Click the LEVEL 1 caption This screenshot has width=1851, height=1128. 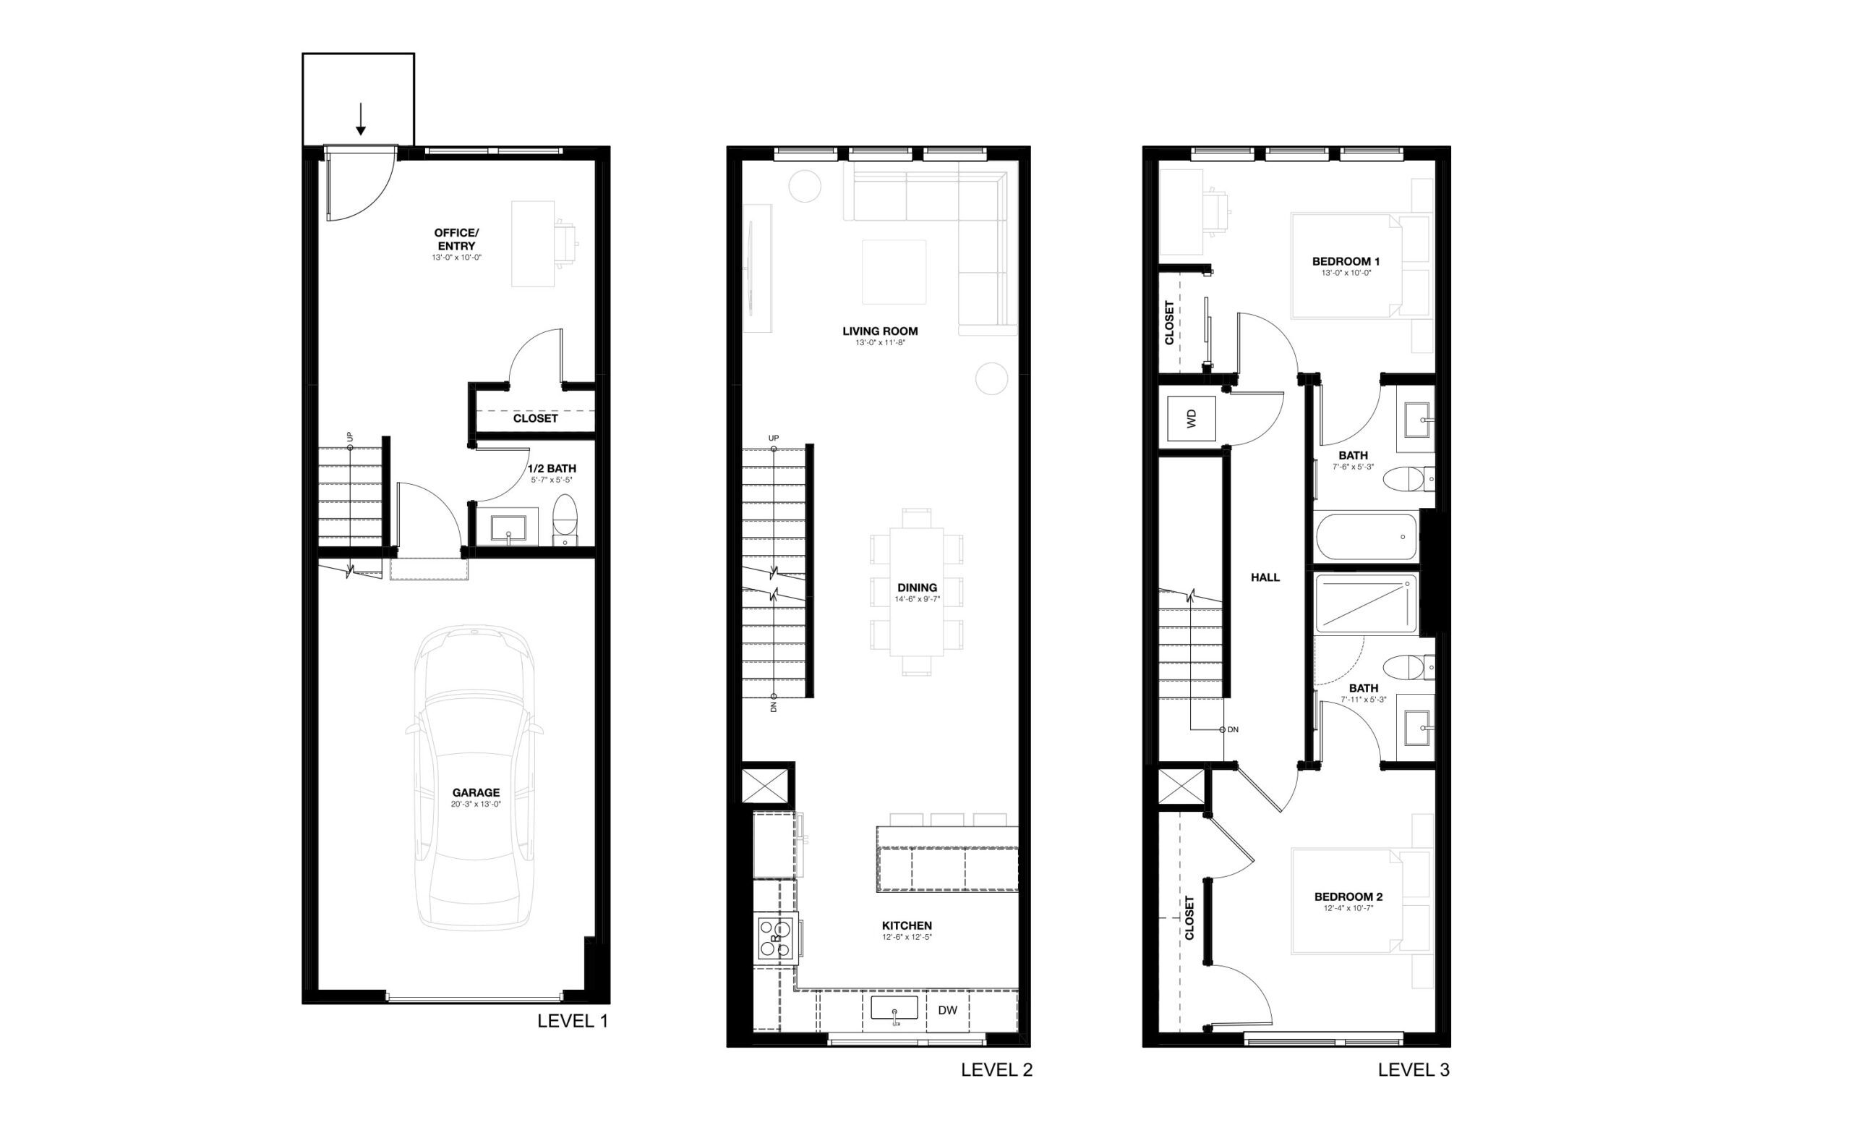(x=573, y=1022)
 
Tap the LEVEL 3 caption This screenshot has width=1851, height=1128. (x=1414, y=1070)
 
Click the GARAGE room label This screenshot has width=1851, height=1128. (x=476, y=792)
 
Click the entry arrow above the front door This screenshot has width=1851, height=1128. (x=361, y=119)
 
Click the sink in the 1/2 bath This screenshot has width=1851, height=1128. (x=509, y=528)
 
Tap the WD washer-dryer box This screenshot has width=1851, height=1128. (x=1191, y=420)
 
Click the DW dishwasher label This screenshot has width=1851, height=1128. (x=947, y=1010)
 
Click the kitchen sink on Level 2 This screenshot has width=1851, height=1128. (x=894, y=1008)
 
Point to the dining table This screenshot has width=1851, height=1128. (x=917, y=591)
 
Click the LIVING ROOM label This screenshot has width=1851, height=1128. (x=880, y=331)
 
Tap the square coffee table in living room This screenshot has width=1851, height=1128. (x=894, y=271)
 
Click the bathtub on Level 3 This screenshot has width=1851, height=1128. (x=1367, y=537)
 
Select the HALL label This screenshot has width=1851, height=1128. (x=1265, y=577)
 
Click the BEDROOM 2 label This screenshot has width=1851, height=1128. (x=1348, y=896)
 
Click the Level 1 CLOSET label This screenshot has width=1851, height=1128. (x=535, y=417)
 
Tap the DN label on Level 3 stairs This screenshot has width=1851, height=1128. (x=1233, y=729)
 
